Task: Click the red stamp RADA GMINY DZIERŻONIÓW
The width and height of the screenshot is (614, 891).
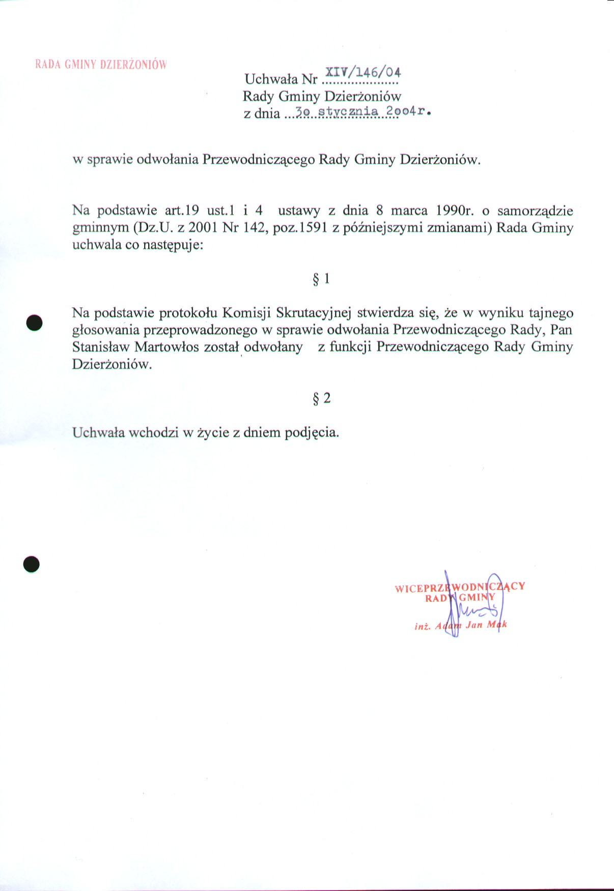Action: [x=101, y=65]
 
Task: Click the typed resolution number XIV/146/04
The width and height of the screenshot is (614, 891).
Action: [x=363, y=72]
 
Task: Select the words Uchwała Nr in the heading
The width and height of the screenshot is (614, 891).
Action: [x=281, y=79]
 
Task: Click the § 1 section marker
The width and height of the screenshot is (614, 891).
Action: [x=321, y=279]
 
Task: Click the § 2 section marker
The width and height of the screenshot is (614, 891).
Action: [x=321, y=398]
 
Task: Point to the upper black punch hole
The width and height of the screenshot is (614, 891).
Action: [x=34, y=322]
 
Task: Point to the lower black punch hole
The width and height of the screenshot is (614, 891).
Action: [x=32, y=564]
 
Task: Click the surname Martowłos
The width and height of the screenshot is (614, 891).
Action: [x=166, y=347]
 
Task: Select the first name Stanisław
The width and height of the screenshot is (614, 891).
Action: [x=101, y=347]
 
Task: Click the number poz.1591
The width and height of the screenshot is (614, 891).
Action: [x=300, y=228]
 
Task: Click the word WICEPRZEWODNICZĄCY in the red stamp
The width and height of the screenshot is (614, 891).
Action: [x=460, y=587]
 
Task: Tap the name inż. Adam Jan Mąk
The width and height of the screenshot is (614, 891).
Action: [x=461, y=625]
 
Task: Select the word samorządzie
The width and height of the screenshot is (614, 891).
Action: [x=535, y=211]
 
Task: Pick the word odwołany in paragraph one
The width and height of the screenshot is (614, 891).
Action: [x=273, y=347]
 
